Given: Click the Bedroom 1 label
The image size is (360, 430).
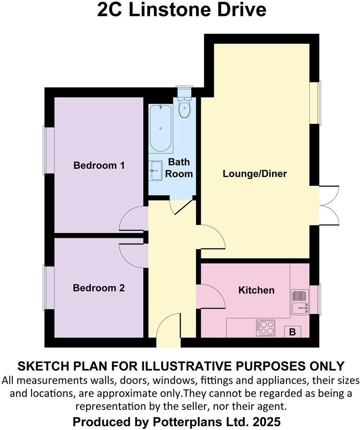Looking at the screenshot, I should [99, 165].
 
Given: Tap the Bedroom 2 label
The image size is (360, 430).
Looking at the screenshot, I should [99, 288].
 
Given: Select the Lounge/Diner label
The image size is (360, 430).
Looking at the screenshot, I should [255, 173].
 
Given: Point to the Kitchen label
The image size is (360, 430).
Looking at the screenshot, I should [256, 290].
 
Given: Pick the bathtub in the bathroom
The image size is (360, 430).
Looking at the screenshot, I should [161, 128].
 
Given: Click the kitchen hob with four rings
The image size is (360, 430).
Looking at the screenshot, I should [265, 327].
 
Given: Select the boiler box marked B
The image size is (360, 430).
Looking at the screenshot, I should [292, 332].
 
